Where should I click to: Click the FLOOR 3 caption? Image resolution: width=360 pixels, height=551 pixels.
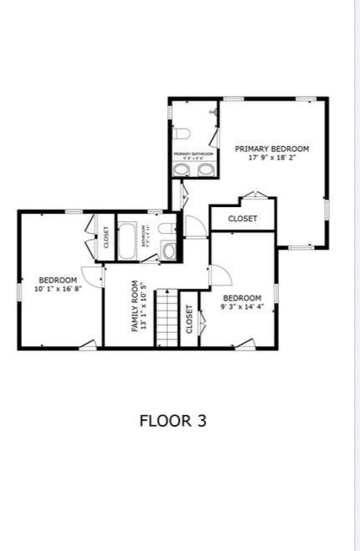172,420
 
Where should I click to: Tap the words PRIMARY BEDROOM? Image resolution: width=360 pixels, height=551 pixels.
271,149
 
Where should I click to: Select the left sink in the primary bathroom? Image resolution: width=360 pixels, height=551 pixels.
182,169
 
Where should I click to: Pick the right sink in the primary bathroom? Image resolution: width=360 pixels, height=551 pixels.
205,169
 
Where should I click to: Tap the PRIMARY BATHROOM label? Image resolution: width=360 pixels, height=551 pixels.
193,154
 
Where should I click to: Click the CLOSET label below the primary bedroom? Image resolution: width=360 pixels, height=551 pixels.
242,219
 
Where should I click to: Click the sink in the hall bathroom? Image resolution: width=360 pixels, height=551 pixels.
170,250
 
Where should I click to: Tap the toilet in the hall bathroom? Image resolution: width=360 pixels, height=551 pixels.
166,228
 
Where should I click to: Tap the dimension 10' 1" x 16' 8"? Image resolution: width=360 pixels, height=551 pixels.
57,289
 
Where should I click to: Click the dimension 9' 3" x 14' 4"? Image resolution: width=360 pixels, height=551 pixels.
242,306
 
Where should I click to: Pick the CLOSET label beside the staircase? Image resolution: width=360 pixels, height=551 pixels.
190,319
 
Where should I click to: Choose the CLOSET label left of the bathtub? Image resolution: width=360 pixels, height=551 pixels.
106,237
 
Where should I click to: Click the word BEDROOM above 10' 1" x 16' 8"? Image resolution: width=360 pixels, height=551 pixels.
58,280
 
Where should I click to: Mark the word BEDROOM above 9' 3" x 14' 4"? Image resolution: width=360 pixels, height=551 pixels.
242,297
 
